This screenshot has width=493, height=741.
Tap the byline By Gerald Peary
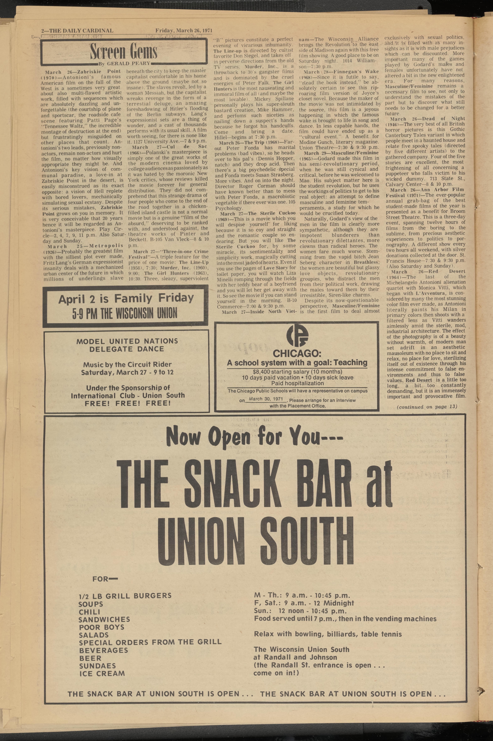[x=125, y=63]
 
